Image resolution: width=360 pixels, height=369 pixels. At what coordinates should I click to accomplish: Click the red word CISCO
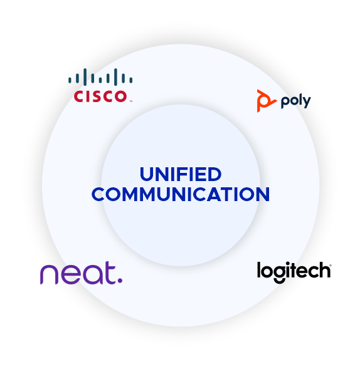click(100, 96)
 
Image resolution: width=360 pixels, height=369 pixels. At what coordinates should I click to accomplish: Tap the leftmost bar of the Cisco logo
click(70, 80)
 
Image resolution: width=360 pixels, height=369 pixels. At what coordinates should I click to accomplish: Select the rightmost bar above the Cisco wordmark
click(131, 80)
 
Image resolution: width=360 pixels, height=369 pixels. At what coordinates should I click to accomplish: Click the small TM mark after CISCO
click(130, 101)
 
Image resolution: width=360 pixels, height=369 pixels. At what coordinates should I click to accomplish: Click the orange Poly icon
click(266, 101)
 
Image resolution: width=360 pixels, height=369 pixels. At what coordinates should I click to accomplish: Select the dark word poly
click(296, 101)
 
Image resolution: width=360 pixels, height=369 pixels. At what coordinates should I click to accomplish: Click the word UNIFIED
click(181, 174)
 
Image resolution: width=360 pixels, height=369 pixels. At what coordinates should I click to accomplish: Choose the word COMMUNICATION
click(181, 194)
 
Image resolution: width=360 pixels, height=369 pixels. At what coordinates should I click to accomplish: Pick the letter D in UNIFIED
click(214, 174)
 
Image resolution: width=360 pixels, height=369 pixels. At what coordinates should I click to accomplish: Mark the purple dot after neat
click(120, 281)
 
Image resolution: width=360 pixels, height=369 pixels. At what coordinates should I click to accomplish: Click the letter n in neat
click(49, 274)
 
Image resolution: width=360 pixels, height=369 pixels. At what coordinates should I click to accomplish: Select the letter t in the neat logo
click(110, 273)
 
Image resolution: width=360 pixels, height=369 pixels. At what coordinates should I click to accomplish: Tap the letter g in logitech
click(279, 273)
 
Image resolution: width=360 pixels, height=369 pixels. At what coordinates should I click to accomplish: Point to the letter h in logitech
click(324, 270)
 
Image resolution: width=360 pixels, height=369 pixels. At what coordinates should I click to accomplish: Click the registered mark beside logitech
click(331, 266)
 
